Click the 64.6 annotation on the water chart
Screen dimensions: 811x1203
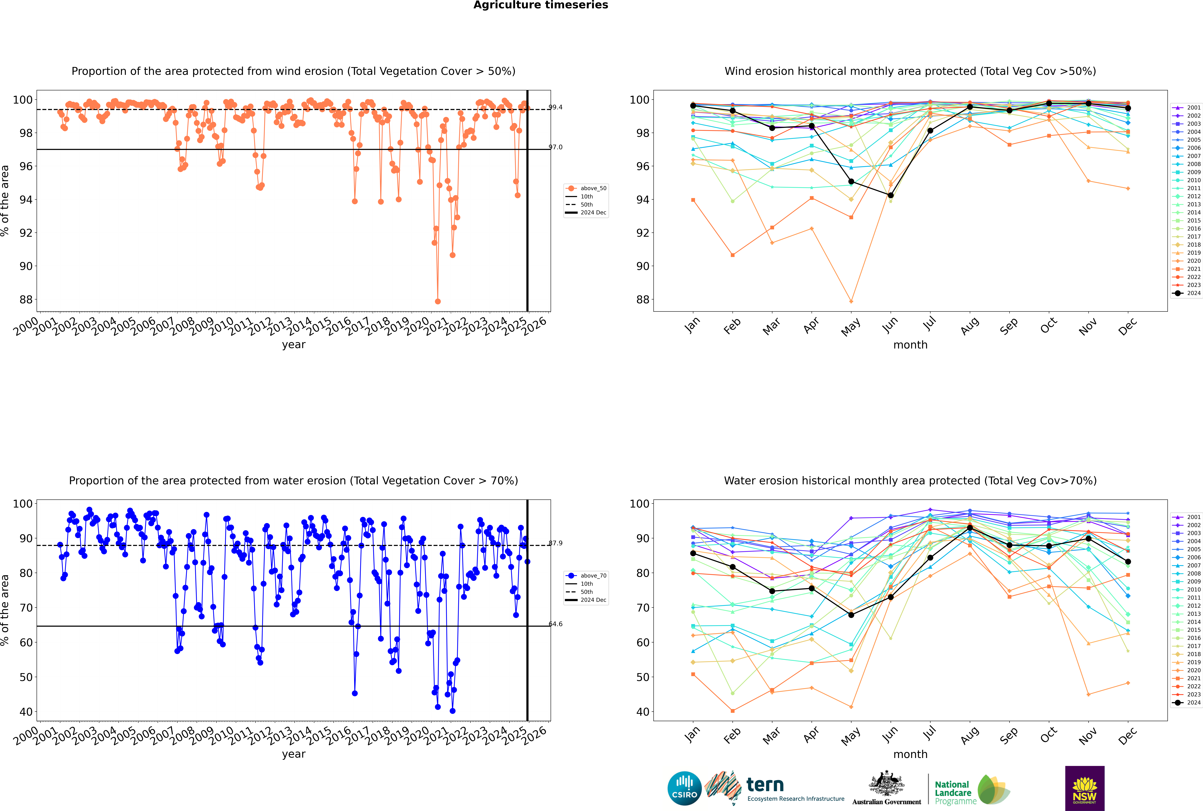(x=555, y=624)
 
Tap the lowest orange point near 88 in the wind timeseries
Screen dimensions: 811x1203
(x=438, y=301)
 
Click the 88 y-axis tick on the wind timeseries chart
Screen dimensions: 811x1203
(x=25, y=299)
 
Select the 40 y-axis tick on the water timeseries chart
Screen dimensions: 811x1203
(x=25, y=712)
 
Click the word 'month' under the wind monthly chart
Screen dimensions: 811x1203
(x=910, y=345)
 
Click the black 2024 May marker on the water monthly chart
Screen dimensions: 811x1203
(x=851, y=615)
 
